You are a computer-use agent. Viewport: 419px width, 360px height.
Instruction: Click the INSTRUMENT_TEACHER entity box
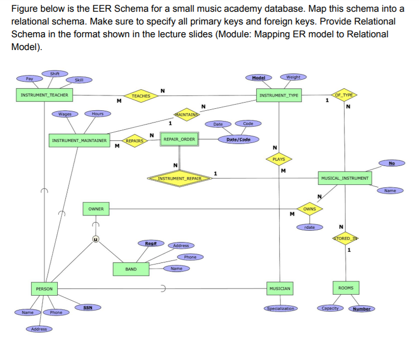coord(44,95)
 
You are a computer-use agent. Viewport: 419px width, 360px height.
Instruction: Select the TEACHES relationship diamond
coord(141,96)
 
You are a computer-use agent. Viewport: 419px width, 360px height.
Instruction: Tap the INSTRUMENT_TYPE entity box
coord(279,95)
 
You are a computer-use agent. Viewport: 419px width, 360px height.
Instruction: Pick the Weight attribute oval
coord(293,77)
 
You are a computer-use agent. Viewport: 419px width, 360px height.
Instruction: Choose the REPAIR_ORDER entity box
coord(179,139)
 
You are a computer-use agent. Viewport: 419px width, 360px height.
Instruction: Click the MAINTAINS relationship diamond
coord(186,114)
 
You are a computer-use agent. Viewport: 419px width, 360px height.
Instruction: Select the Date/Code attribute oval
coord(238,139)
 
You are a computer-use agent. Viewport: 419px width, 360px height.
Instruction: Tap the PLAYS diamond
coord(279,159)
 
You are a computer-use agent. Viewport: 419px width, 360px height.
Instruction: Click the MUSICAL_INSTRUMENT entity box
coord(346,178)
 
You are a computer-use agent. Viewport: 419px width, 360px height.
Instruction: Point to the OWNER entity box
coord(96,209)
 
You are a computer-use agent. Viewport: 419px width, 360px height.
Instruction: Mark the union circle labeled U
coord(95,238)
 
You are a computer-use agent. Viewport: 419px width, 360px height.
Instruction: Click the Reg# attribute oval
coord(151,244)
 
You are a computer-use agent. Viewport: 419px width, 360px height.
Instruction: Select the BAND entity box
coord(131,269)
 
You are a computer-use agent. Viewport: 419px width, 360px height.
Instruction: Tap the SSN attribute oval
coord(87,307)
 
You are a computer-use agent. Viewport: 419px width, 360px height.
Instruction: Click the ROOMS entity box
coord(346,288)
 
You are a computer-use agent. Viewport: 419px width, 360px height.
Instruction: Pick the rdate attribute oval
coord(309,227)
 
